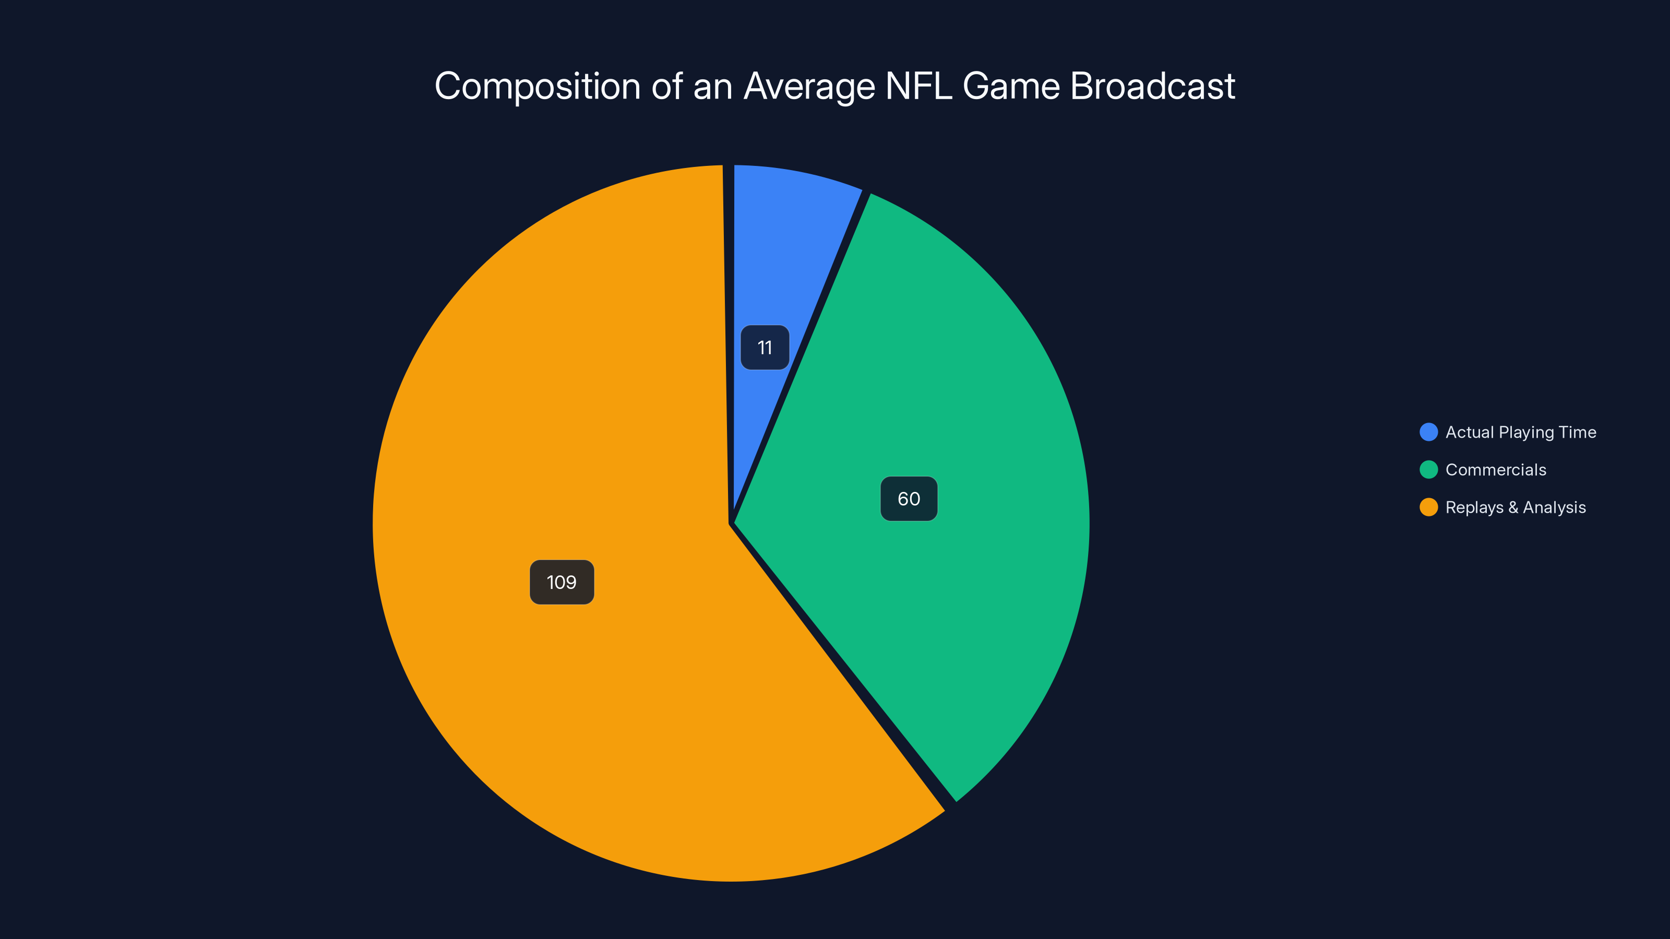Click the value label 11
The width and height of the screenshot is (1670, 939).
(765, 348)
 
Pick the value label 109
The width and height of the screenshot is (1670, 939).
(562, 582)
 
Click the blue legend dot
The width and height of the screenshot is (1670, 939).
(1429, 432)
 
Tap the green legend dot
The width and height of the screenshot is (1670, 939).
(1429, 470)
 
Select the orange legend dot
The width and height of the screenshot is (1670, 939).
(1429, 508)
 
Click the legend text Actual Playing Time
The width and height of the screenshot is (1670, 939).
(1520, 432)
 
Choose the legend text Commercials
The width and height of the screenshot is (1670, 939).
(1496, 470)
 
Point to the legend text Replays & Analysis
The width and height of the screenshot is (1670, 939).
(1516, 508)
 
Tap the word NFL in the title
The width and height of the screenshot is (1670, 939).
(918, 86)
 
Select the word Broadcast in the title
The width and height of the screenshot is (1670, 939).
(1153, 86)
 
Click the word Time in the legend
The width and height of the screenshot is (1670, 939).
(1577, 432)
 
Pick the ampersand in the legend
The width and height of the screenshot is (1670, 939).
(1513, 508)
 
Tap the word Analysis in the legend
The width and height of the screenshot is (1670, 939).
(1554, 508)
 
